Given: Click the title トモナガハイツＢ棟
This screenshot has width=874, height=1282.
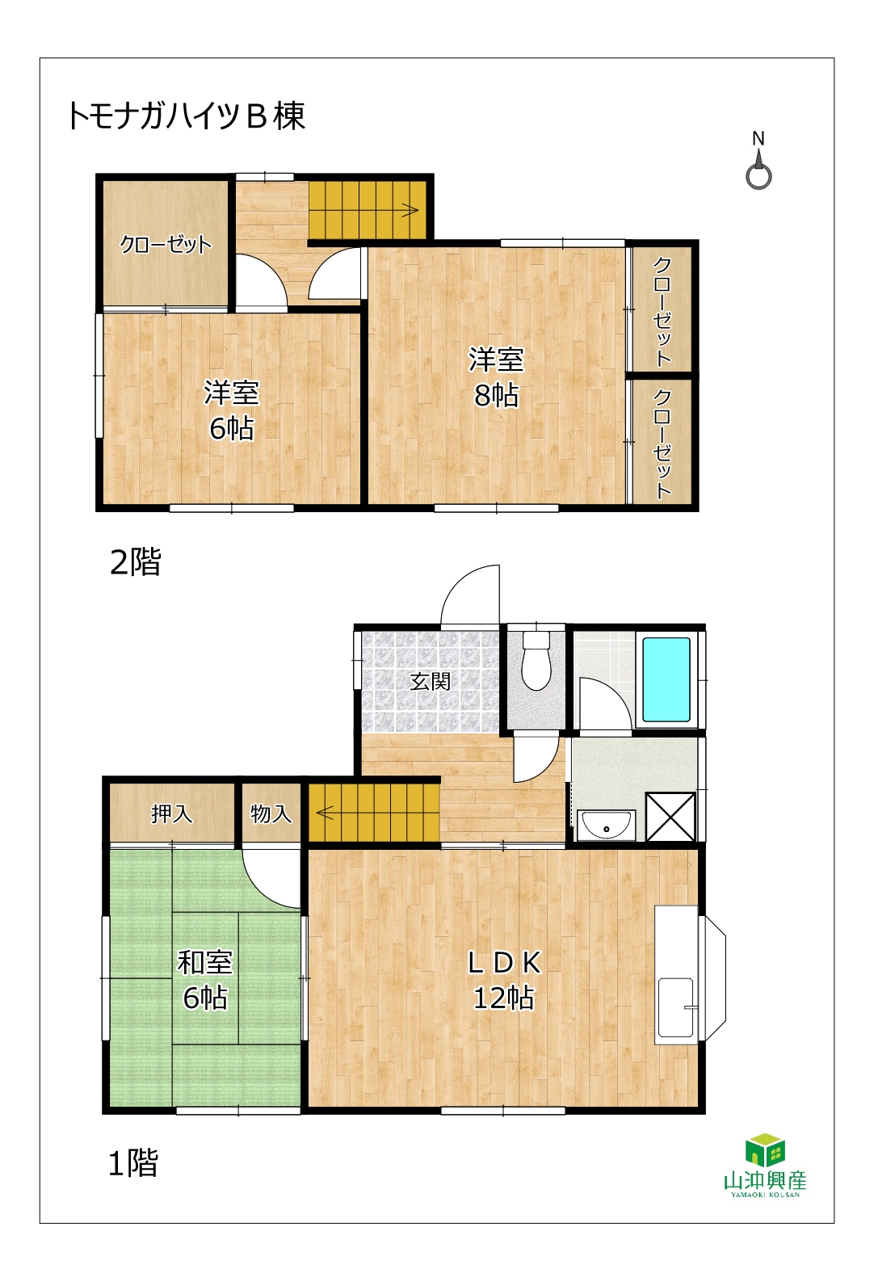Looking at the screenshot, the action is click(x=187, y=116).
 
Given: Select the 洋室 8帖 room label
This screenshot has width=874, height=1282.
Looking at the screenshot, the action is click(x=496, y=377).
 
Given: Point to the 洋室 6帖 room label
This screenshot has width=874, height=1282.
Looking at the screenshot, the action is click(x=232, y=410).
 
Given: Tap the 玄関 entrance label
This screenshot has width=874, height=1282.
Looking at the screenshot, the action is click(x=430, y=681).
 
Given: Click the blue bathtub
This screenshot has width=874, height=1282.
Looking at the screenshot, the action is click(x=666, y=679).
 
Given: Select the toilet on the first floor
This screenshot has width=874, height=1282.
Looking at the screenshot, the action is click(x=536, y=661).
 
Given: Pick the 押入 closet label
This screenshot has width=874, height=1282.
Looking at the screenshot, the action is click(x=172, y=813).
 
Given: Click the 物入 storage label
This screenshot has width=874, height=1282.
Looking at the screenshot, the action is click(x=271, y=813).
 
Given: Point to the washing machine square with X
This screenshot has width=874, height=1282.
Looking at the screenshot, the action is click(x=670, y=817).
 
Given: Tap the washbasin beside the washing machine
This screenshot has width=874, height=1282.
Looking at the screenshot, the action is click(x=606, y=826).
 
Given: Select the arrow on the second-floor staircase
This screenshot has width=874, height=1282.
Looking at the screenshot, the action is click(x=411, y=210).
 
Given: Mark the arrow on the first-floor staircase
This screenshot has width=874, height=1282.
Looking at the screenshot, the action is click(x=325, y=812).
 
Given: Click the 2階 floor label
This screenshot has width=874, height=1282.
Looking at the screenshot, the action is click(x=135, y=561).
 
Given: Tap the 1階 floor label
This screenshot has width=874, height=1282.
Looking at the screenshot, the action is click(x=132, y=1163).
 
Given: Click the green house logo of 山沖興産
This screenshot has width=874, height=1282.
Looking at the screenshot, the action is click(x=765, y=1150).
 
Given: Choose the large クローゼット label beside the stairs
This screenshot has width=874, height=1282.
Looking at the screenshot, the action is click(x=166, y=245).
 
